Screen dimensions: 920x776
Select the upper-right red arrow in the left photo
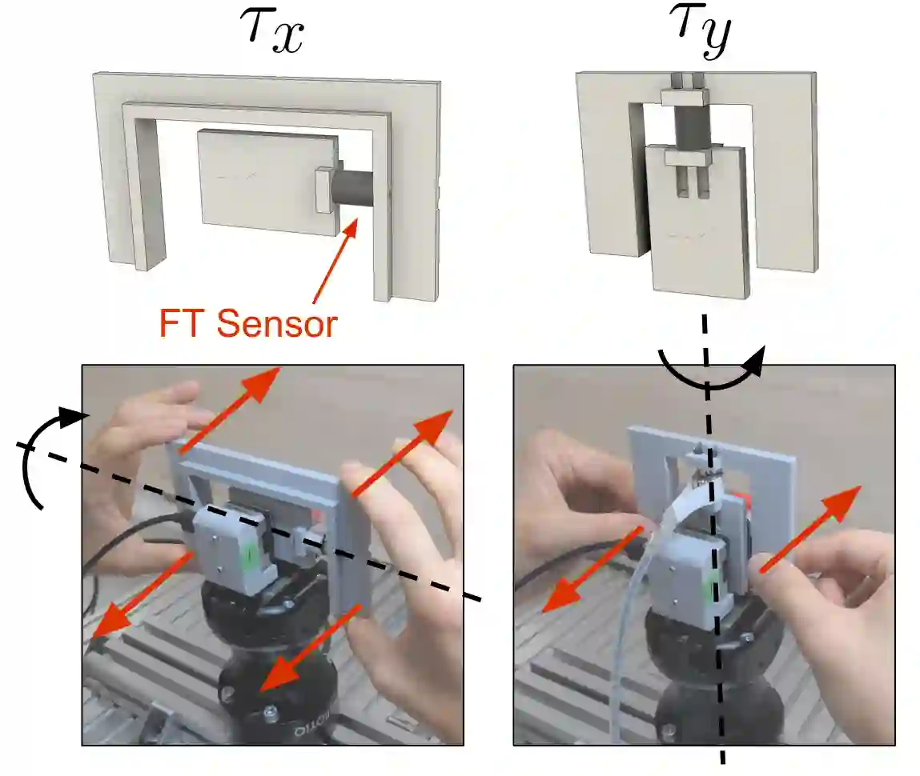(404, 455)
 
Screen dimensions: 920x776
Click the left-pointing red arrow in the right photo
(592, 567)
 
